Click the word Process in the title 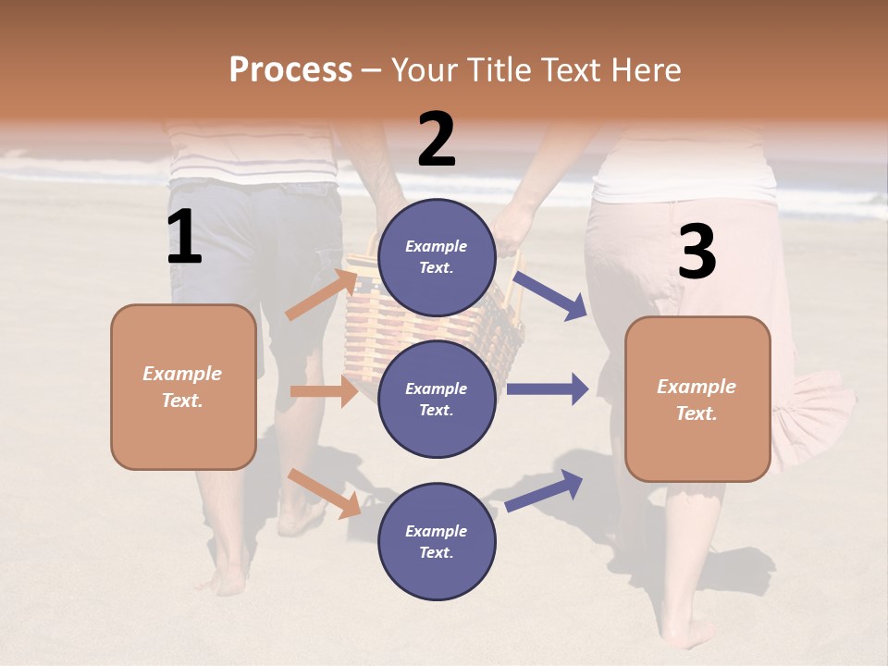click(290, 69)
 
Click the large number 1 click(184, 238)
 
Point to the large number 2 click(437, 140)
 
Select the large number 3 click(697, 253)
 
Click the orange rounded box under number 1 click(183, 387)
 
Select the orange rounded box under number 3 click(697, 399)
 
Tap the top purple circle click(437, 257)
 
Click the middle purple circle click(437, 399)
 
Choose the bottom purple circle click(437, 541)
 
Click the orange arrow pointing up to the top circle click(322, 294)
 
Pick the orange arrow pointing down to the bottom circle click(325, 493)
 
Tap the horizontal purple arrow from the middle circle click(548, 388)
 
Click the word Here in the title click(647, 69)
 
